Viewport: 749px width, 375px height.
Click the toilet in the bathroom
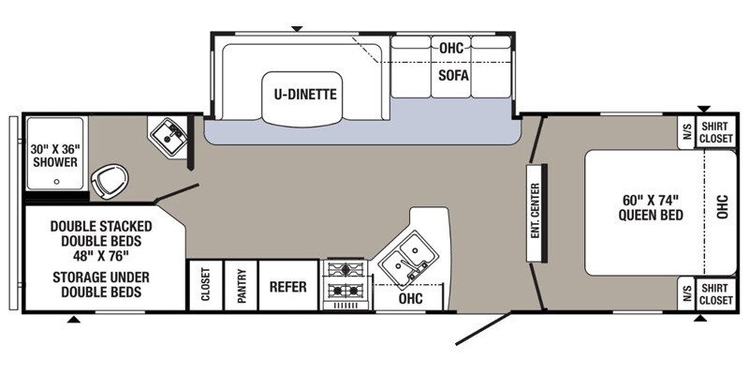pyautogui.click(x=110, y=181)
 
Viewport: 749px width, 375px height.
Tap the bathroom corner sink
pyautogui.click(x=169, y=136)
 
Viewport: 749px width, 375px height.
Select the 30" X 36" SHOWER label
pyautogui.click(x=55, y=156)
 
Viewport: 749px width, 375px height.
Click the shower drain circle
pyautogui.click(x=57, y=182)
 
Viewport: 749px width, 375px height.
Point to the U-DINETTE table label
pyautogui.click(x=305, y=95)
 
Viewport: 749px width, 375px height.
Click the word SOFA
pyautogui.click(x=453, y=76)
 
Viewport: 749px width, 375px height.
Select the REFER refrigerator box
pyautogui.click(x=288, y=286)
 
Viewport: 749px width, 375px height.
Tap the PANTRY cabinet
pyautogui.click(x=242, y=286)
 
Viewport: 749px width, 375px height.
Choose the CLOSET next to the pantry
pyautogui.click(x=206, y=286)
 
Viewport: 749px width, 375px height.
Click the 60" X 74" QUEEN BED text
pyautogui.click(x=651, y=207)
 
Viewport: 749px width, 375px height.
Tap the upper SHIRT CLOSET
pyautogui.click(x=716, y=132)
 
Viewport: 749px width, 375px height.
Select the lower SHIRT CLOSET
pyautogui.click(x=716, y=293)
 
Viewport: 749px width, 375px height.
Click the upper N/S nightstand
pyautogui.click(x=686, y=132)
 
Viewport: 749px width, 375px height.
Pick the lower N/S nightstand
pyautogui.click(x=686, y=294)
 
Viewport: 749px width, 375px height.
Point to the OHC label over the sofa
pyautogui.click(x=451, y=48)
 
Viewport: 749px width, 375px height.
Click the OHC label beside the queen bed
pyautogui.click(x=722, y=206)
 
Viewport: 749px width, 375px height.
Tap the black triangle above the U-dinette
pyautogui.click(x=297, y=29)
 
